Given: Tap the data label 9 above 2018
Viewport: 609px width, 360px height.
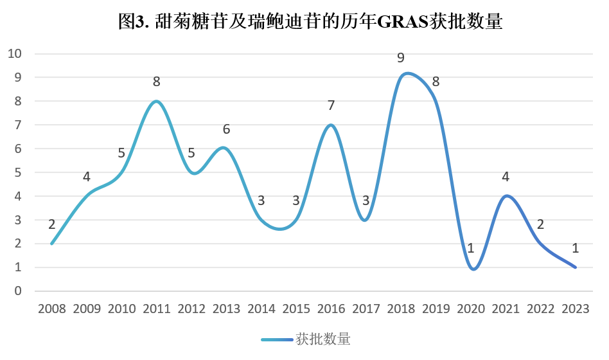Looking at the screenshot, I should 401,58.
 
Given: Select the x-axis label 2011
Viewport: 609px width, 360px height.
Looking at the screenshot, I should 157,309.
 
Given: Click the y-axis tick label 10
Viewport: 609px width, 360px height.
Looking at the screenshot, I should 14,53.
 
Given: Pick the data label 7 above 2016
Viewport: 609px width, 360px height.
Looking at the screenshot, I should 331,105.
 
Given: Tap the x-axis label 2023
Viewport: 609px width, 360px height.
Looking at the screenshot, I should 575,309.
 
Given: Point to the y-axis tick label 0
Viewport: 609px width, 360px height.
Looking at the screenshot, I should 18,291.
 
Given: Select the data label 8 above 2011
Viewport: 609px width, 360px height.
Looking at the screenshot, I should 157,82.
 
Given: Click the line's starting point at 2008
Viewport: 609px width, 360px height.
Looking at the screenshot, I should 52,244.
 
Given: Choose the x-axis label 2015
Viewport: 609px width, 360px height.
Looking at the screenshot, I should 296,309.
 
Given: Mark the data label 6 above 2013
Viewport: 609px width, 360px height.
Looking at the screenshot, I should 226,129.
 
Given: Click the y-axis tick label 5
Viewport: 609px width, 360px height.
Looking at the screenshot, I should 18,172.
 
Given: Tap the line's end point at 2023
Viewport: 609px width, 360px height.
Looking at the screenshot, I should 575,267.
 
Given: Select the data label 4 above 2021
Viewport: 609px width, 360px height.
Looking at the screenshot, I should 506,177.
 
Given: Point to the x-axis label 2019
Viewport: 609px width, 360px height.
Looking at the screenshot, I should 436,309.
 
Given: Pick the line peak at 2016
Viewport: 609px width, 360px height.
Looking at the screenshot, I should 331,125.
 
